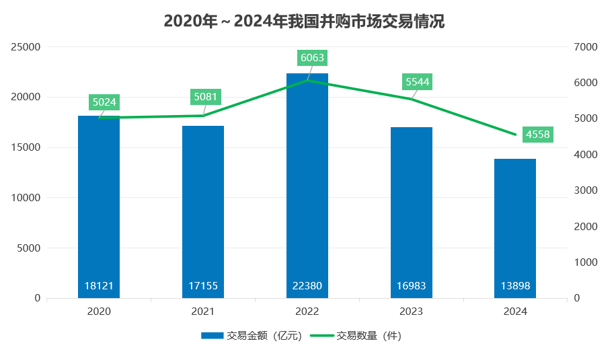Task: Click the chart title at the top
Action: tap(304, 22)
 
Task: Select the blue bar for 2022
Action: tap(307, 182)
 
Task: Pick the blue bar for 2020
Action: tap(99, 202)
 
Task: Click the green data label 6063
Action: tap(312, 58)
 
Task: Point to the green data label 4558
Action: tap(538, 135)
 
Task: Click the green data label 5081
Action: tap(206, 97)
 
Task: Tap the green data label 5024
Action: tap(104, 102)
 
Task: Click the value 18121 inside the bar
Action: tap(99, 286)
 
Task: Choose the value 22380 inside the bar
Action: tap(307, 286)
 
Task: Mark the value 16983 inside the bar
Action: tap(411, 286)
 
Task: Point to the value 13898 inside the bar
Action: tap(515, 286)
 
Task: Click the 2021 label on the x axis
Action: tap(203, 312)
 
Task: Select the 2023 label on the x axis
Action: tap(411, 312)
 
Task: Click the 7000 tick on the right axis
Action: tap(586, 47)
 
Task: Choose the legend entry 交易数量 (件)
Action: tap(356, 335)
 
